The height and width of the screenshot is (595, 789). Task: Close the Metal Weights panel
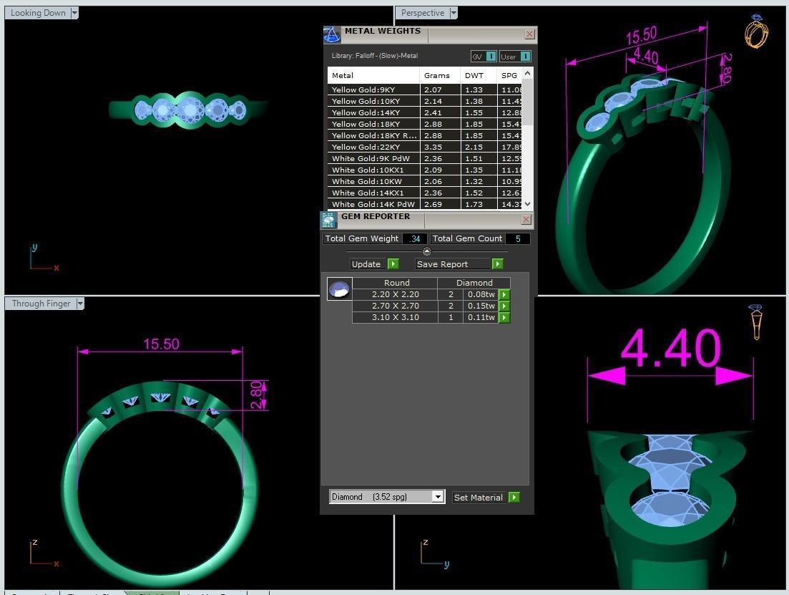pos(529,34)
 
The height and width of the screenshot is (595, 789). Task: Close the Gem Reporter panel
pos(526,219)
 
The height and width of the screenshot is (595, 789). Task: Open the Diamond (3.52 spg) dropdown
pos(438,497)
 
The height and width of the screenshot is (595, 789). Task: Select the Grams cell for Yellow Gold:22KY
pos(433,147)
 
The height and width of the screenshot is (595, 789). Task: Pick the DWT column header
pos(474,75)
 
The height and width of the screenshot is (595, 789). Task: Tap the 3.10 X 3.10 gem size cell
pos(396,317)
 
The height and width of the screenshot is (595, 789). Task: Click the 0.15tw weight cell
pos(480,306)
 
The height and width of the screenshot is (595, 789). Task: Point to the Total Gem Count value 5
pos(518,238)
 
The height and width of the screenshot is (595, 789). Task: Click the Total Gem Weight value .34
pos(415,238)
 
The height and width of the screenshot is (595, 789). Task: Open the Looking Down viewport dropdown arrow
pos(74,13)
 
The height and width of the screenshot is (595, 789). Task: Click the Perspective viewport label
pos(422,13)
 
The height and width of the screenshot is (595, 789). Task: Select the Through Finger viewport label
pos(41,304)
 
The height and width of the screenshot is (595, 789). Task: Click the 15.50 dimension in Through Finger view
pos(161,344)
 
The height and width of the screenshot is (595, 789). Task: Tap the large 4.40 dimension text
pos(671,349)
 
